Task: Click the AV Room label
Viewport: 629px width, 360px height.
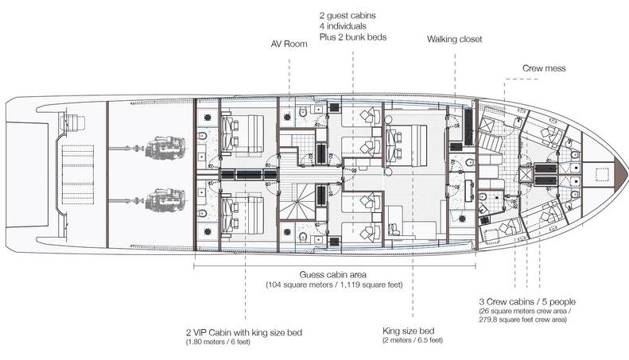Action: tap(289, 44)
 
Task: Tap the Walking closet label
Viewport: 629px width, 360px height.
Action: tap(455, 39)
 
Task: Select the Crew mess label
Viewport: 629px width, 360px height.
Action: tap(544, 68)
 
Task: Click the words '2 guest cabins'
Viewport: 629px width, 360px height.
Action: tap(348, 16)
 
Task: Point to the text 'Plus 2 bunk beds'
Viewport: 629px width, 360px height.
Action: tap(353, 37)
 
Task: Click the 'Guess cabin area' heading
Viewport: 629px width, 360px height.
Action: tap(333, 275)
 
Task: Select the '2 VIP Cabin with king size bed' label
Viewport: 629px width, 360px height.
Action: tap(244, 333)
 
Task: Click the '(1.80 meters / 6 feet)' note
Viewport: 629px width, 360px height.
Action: tap(218, 342)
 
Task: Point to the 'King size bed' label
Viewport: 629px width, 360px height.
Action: tap(409, 331)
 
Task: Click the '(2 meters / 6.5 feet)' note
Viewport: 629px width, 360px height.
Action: tap(413, 340)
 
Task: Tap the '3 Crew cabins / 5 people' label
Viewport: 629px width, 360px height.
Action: tap(527, 302)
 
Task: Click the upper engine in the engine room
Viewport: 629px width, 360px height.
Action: tap(165, 148)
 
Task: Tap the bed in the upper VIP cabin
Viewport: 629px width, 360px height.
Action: tap(243, 134)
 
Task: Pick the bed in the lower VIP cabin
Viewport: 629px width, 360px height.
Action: tap(243, 215)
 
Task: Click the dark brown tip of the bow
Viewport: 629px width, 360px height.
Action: tap(620, 172)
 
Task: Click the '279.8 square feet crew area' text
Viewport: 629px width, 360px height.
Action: tap(522, 320)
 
